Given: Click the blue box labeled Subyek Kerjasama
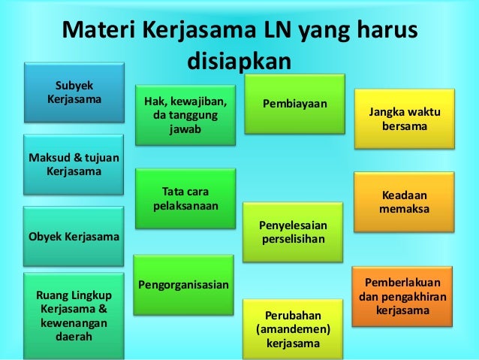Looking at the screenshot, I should click(x=75, y=91).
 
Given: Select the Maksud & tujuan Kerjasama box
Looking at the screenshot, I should click(x=75, y=164).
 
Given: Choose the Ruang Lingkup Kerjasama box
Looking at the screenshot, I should click(x=74, y=316).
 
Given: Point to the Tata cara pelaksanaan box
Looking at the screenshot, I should click(x=185, y=197).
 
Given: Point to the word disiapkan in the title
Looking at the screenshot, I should click(x=239, y=60).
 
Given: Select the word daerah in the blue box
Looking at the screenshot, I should click(x=74, y=337).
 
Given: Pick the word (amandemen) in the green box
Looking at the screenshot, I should click(x=293, y=329).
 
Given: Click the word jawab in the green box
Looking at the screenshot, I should click(x=184, y=129).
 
